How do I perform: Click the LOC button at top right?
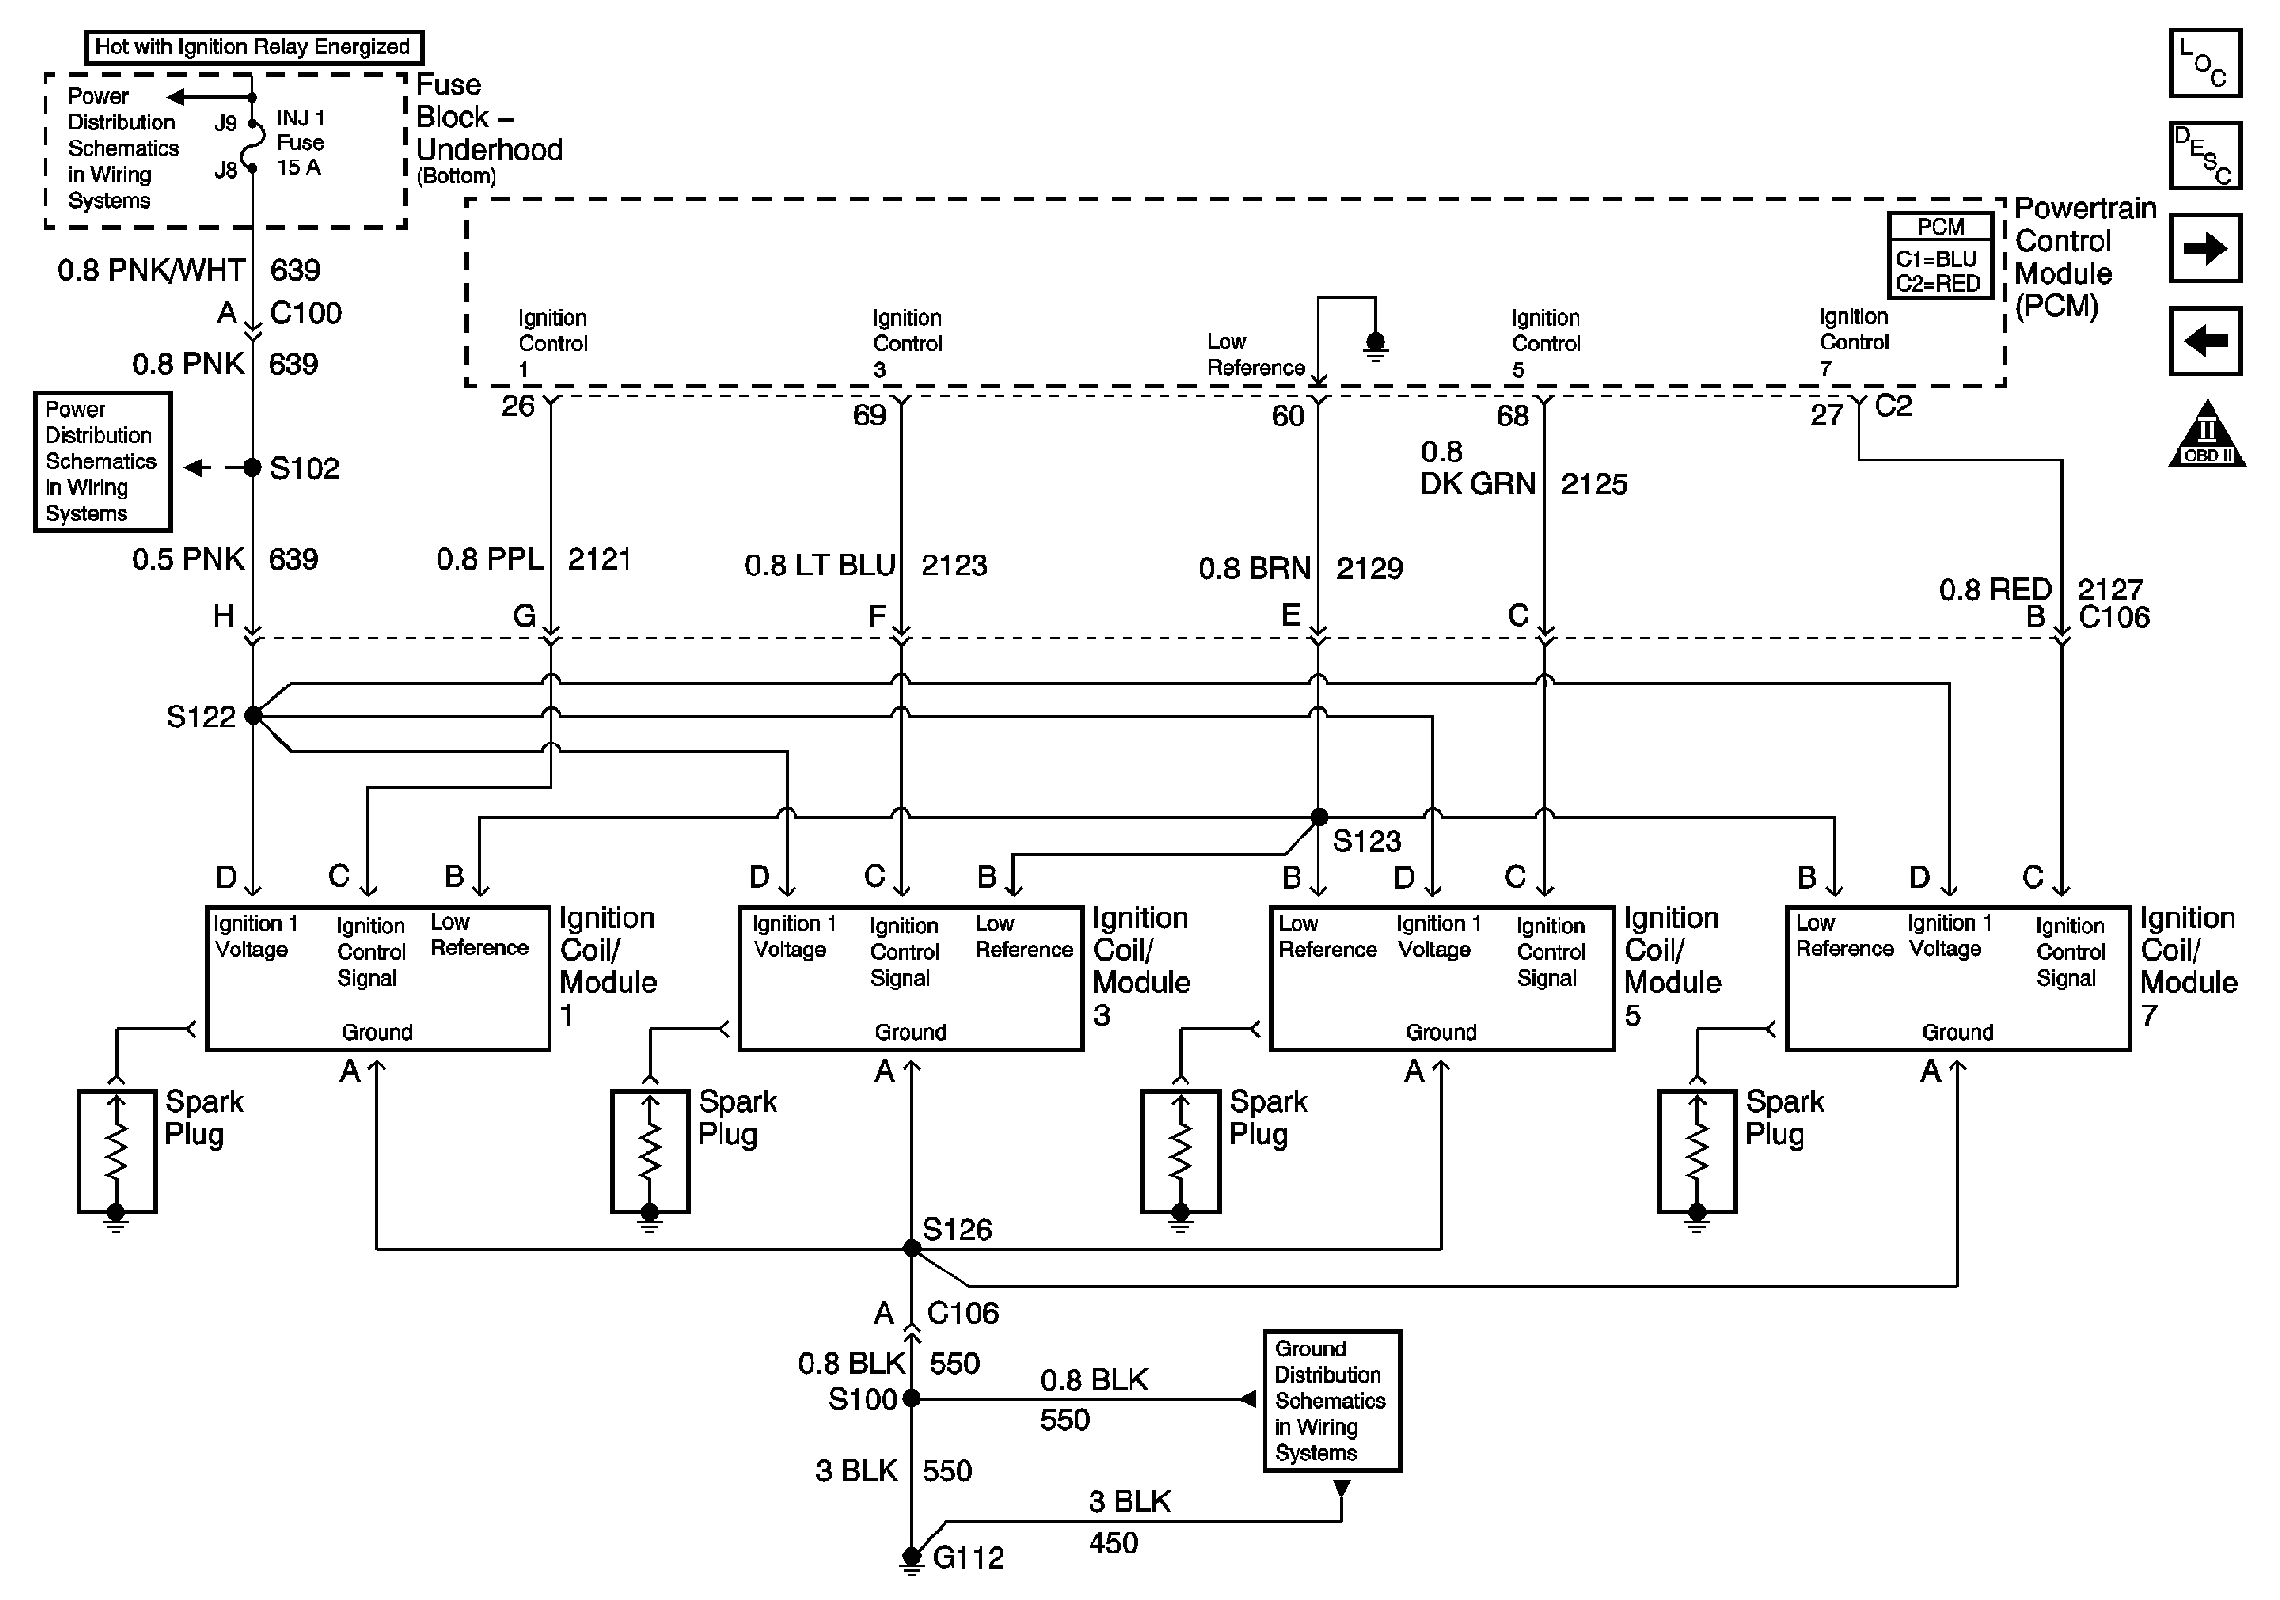(2203, 63)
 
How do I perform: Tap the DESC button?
(2203, 155)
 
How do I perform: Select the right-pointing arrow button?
(2203, 248)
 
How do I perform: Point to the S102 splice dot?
(252, 467)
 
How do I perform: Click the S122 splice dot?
(252, 715)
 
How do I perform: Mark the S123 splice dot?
(1318, 818)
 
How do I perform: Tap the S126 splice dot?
(911, 1249)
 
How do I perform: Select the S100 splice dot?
(911, 1399)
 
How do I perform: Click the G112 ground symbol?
(910, 1559)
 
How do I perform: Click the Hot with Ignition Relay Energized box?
(253, 47)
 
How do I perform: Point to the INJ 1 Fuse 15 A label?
(300, 143)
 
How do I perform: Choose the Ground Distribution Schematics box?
(1331, 1401)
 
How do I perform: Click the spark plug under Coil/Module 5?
(1180, 1152)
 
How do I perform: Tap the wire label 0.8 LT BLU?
(819, 565)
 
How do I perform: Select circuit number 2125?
(1594, 483)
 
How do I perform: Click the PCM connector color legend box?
(1939, 255)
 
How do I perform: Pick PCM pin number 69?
(869, 415)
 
